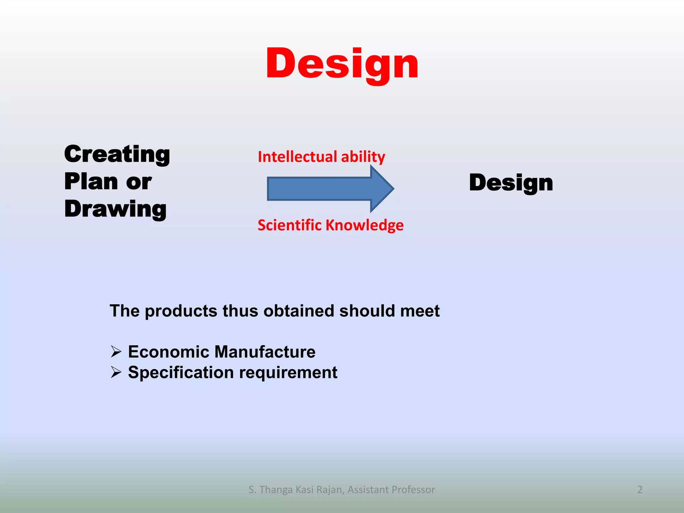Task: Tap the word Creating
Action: coord(117,154)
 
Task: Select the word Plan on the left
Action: coord(91,182)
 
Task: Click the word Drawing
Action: coord(115,209)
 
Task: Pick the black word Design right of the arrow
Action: coord(511,183)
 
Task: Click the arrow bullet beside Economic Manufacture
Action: coord(116,351)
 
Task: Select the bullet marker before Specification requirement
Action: coord(116,372)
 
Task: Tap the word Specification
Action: coord(181,372)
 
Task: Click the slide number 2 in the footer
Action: coord(640,490)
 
